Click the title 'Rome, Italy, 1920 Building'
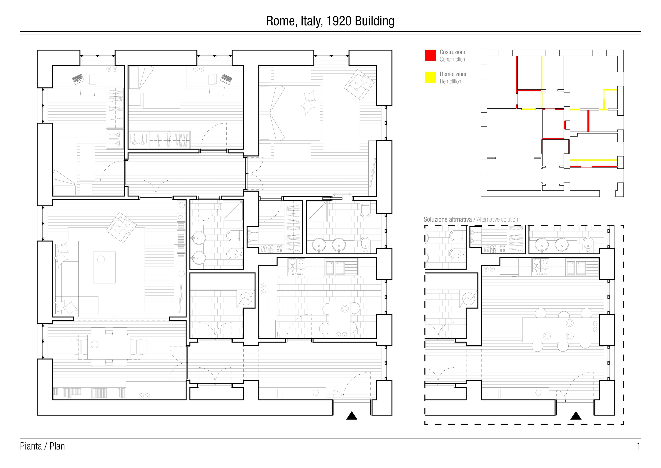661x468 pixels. point(330,21)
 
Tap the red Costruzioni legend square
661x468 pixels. point(430,55)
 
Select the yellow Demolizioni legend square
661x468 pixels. point(430,77)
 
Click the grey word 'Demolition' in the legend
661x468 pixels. point(450,82)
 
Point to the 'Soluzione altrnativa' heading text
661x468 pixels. point(447,219)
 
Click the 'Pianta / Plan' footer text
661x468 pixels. point(42,446)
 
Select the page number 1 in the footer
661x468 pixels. point(638,446)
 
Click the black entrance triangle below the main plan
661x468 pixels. point(352,416)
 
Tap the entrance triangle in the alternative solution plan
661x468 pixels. point(575,416)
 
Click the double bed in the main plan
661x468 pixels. point(291,112)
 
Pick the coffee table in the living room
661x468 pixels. point(104,267)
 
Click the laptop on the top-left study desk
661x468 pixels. point(78,78)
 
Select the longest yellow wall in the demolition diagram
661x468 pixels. point(594,160)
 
